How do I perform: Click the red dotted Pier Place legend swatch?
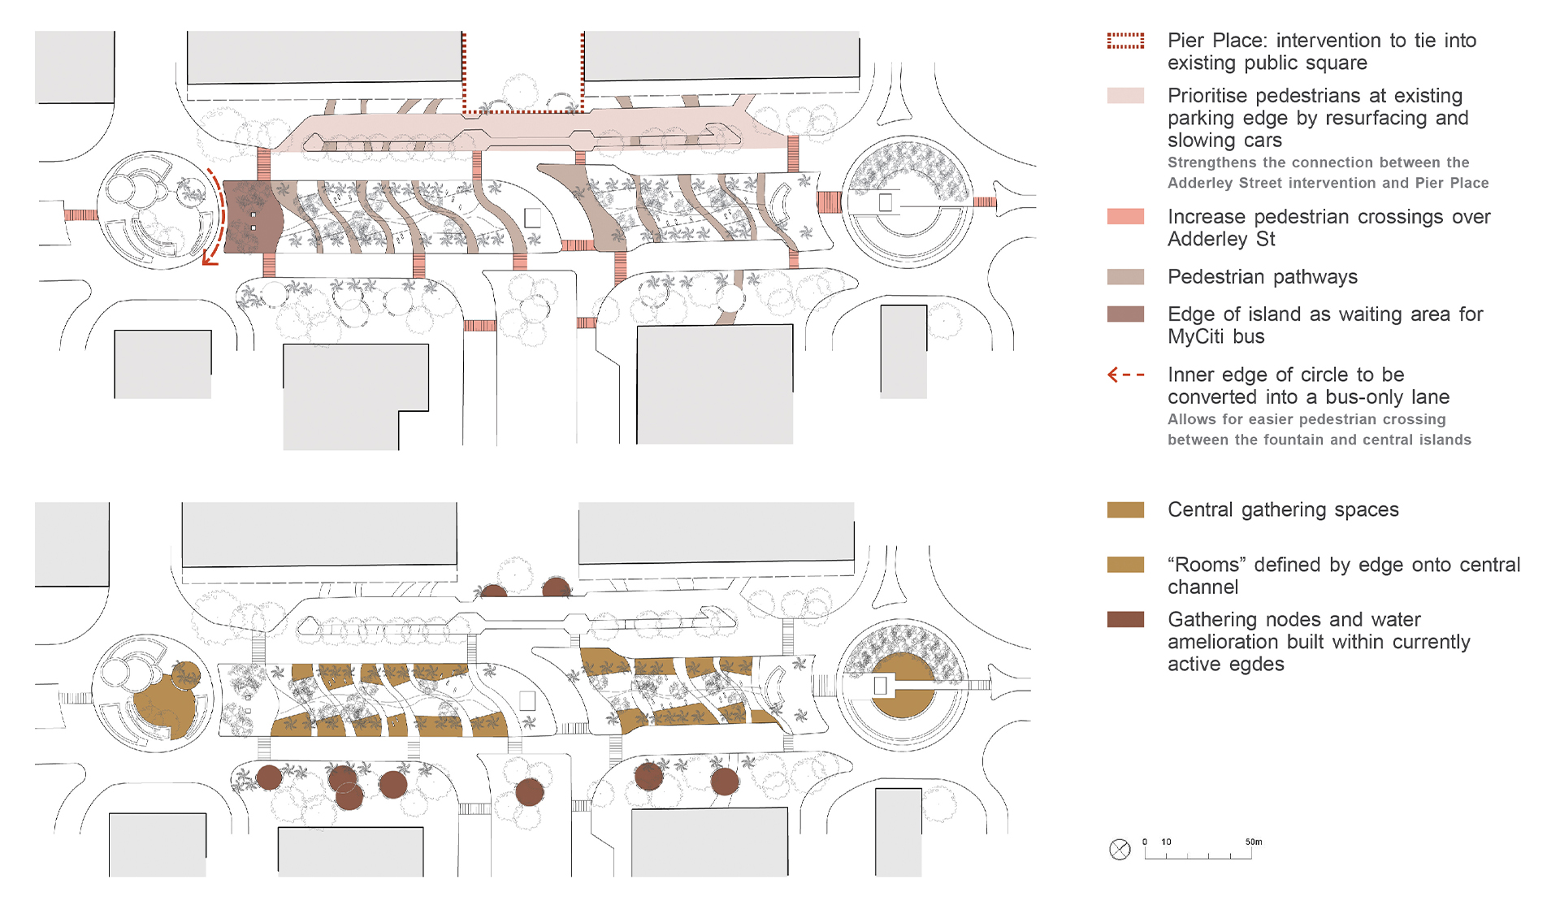tap(1125, 41)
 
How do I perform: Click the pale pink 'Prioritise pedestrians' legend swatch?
tap(1125, 96)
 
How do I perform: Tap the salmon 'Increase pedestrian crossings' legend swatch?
tap(1125, 217)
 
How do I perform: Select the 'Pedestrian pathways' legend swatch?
tap(1125, 277)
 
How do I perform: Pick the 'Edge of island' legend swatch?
tap(1125, 314)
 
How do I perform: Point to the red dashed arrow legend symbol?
tap(1125, 375)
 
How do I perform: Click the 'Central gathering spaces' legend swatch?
tap(1125, 510)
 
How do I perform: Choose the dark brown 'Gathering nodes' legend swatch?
tap(1125, 620)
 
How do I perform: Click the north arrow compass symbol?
tap(1120, 850)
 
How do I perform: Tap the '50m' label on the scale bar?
tap(1254, 842)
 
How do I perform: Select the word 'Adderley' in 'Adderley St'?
tap(1209, 240)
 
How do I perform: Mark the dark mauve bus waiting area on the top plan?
tap(250, 217)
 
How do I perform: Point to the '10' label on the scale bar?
tap(1166, 842)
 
